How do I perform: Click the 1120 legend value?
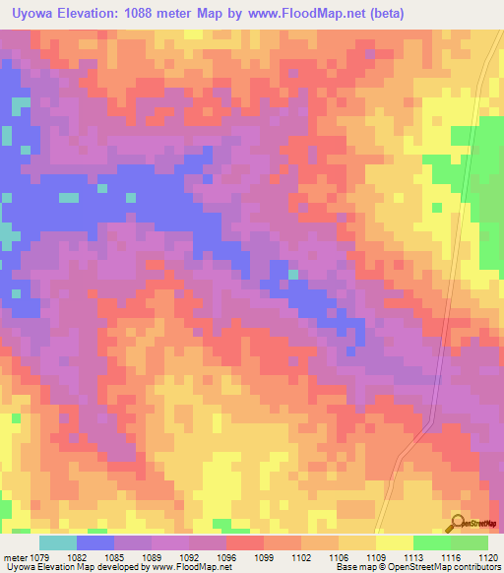coord(488,558)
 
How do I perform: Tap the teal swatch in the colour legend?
coord(58,542)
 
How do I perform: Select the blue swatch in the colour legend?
coord(95,542)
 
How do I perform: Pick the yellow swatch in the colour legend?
coord(394,542)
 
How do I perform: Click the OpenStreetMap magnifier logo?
coord(457,524)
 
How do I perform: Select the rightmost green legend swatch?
coord(470,542)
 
